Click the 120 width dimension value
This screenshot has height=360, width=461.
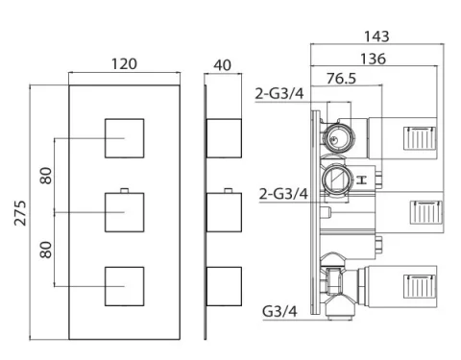124,63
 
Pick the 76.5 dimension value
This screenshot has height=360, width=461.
338,77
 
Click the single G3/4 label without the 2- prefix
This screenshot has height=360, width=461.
280,311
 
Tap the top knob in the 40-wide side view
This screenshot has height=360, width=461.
225,138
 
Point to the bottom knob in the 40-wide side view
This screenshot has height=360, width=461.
225,284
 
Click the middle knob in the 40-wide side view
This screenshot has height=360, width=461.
225,210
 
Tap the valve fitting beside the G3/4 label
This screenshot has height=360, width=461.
337,286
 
